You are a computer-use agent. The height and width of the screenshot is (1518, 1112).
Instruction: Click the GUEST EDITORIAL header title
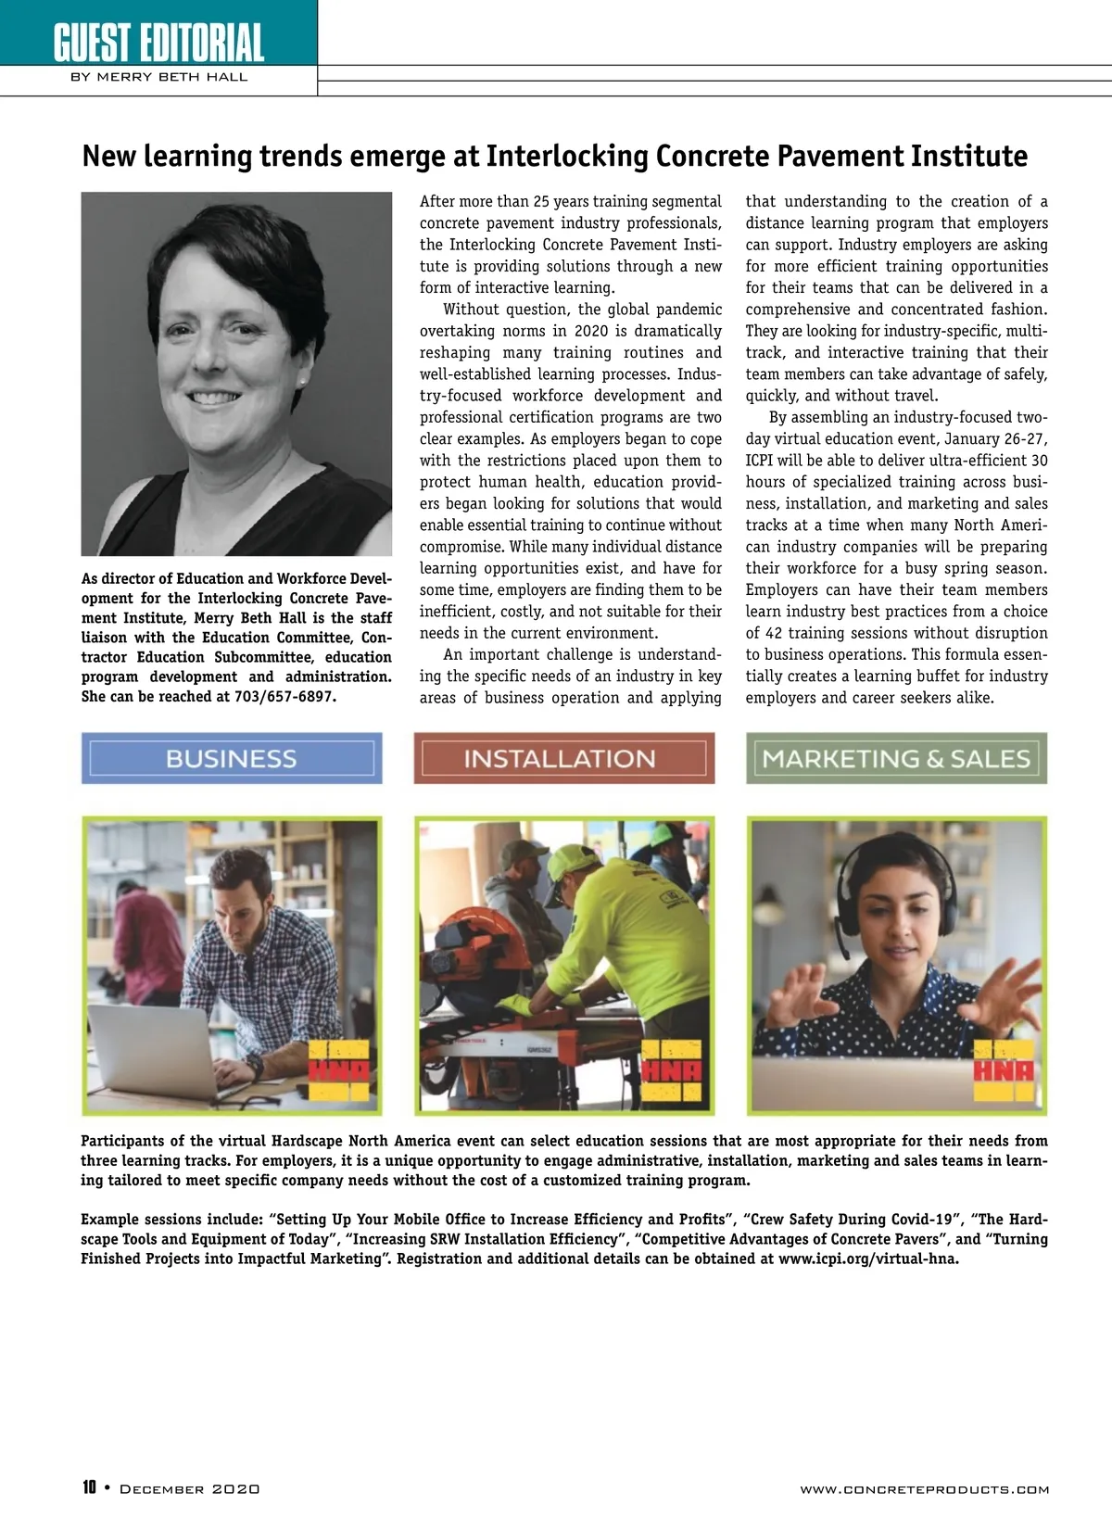(158, 42)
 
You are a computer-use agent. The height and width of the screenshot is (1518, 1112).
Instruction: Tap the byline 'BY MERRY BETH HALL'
(158, 77)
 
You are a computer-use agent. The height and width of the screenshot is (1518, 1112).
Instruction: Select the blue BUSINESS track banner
(232, 758)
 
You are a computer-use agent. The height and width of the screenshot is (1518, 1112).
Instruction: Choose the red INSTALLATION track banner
(563, 758)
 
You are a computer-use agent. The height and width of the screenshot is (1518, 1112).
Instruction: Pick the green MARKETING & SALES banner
(896, 758)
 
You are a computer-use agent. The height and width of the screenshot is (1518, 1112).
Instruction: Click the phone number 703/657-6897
(282, 697)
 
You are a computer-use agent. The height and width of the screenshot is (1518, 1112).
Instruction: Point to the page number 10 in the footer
(89, 1488)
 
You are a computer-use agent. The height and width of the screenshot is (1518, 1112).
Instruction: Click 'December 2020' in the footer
(190, 1489)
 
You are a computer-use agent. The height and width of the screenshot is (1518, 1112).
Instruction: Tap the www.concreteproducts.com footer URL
(924, 1489)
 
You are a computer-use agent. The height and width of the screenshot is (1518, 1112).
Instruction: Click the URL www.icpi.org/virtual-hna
(868, 1259)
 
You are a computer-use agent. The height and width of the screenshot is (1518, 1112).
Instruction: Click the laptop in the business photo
(158, 1052)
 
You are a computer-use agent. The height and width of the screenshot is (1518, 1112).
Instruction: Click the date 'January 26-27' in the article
(996, 439)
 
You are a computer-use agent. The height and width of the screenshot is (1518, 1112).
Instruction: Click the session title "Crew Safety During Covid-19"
(852, 1220)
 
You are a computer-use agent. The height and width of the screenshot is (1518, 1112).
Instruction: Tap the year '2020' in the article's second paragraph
(592, 331)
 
